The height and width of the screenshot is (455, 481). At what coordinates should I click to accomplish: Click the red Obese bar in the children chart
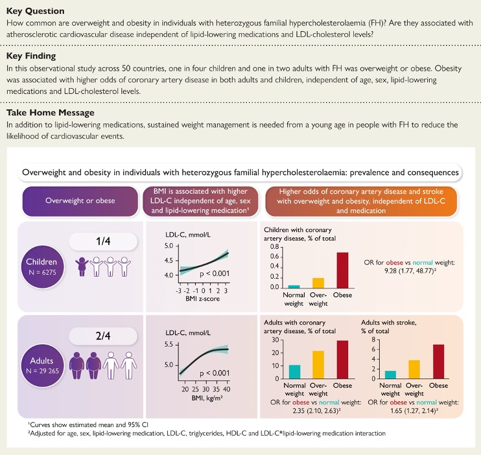[342, 270]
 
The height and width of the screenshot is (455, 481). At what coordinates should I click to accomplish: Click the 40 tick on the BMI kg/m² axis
[224, 389]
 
